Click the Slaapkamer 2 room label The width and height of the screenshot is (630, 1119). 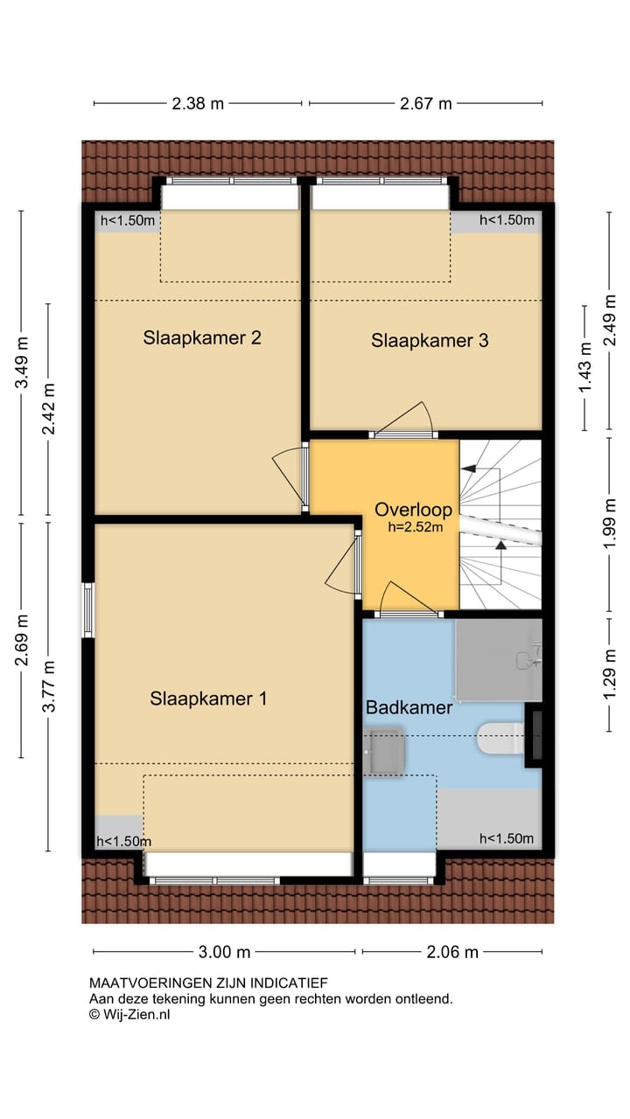202,337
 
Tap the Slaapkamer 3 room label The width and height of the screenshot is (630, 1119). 430,340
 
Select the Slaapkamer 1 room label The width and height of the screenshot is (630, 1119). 208,699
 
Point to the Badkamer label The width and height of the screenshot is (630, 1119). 409,707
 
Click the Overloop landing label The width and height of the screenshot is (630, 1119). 414,510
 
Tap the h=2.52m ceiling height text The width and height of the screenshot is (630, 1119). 416,527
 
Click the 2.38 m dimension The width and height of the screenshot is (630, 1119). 198,103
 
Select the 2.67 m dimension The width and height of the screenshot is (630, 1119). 425,103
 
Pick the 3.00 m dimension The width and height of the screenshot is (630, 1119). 224,952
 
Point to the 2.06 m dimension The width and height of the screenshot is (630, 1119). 452,952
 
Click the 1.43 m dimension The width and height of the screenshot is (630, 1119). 585,368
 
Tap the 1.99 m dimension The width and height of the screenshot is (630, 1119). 610,523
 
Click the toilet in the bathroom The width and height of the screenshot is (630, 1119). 500,739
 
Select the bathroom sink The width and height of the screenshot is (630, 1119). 384,751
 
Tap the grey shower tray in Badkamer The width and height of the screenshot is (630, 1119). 499,660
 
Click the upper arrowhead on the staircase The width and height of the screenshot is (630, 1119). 468,469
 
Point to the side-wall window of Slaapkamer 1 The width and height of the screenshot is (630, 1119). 88,610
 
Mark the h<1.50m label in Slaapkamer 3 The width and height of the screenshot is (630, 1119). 507,219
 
